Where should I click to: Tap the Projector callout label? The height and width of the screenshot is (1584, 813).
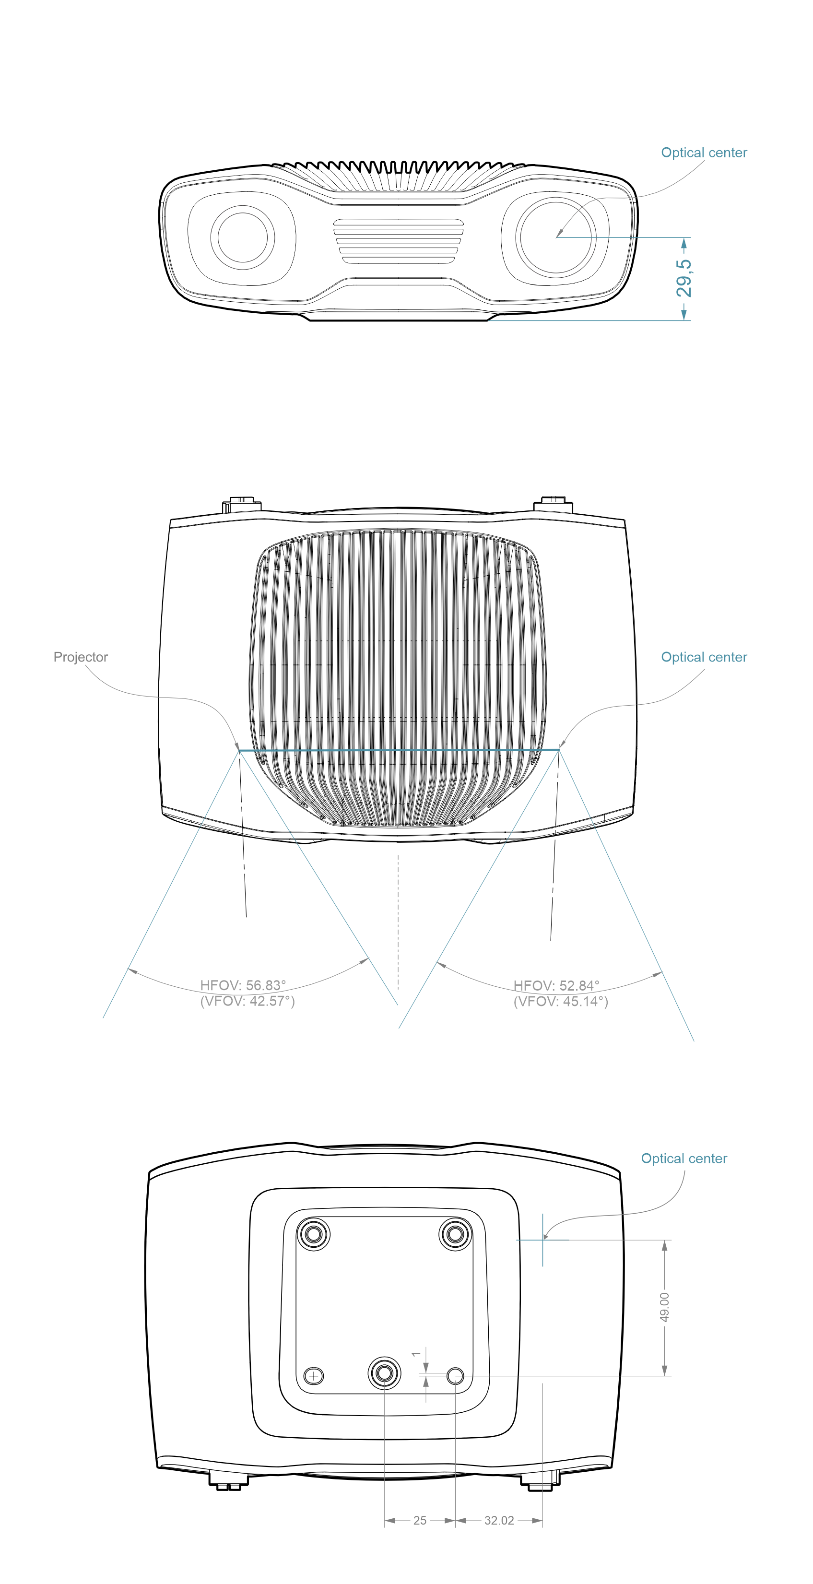tap(81, 657)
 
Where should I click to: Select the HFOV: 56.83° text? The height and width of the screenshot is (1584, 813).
tap(243, 985)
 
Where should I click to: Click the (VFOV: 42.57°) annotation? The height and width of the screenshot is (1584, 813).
tap(247, 1001)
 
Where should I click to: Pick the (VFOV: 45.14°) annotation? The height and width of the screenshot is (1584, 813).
tap(561, 1002)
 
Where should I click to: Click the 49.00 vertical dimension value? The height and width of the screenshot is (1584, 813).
tap(664, 1307)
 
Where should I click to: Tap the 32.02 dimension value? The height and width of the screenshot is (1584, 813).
tap(499, 1521)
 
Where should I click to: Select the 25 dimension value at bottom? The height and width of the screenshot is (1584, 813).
tap(419, 1521)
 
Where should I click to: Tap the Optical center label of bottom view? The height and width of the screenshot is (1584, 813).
tap(684, 1158)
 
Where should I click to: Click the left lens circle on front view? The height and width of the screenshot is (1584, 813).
tap(242, 237)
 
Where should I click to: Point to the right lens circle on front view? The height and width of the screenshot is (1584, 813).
tap(556, 237)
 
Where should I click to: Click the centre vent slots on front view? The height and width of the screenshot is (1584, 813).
tap(399, 241)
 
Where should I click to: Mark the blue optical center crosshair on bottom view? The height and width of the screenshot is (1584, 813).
tap(542, 1240)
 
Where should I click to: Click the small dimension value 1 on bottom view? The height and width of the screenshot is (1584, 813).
tap(416, 1354)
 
